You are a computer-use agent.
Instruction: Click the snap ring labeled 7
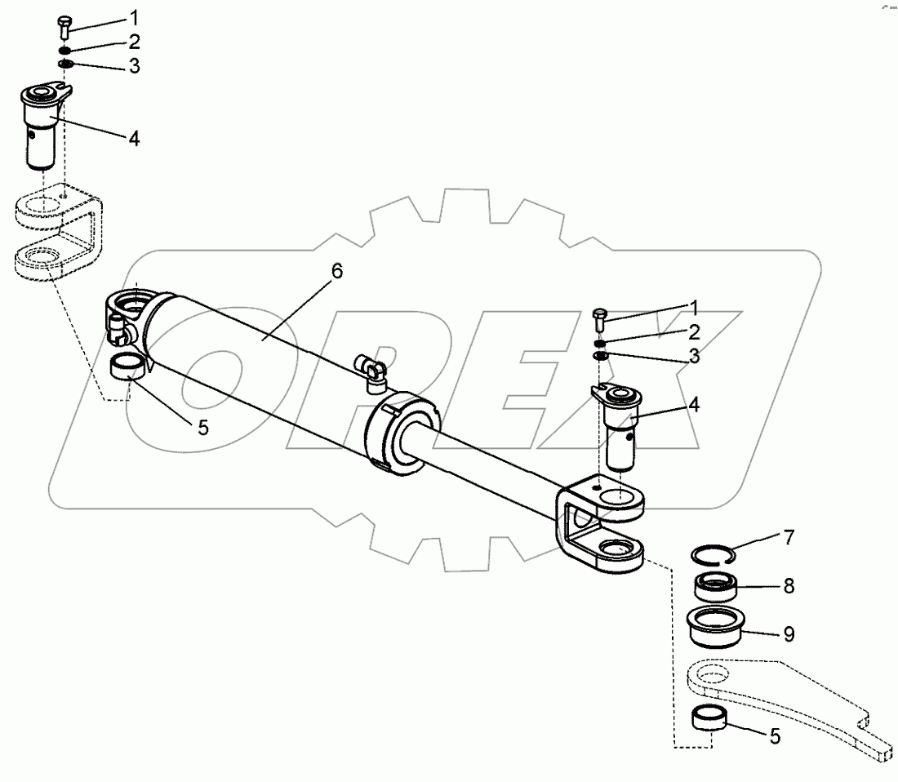[x=713, y=556]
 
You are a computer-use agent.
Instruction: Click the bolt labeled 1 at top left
[x=66, y=25]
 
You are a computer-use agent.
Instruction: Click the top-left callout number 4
[x=133, y=138]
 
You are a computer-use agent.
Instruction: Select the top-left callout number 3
[x=133, y=66]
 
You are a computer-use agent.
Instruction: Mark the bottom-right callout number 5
[x=775, y=736]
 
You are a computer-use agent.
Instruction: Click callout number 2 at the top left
[x=133, y=42]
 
